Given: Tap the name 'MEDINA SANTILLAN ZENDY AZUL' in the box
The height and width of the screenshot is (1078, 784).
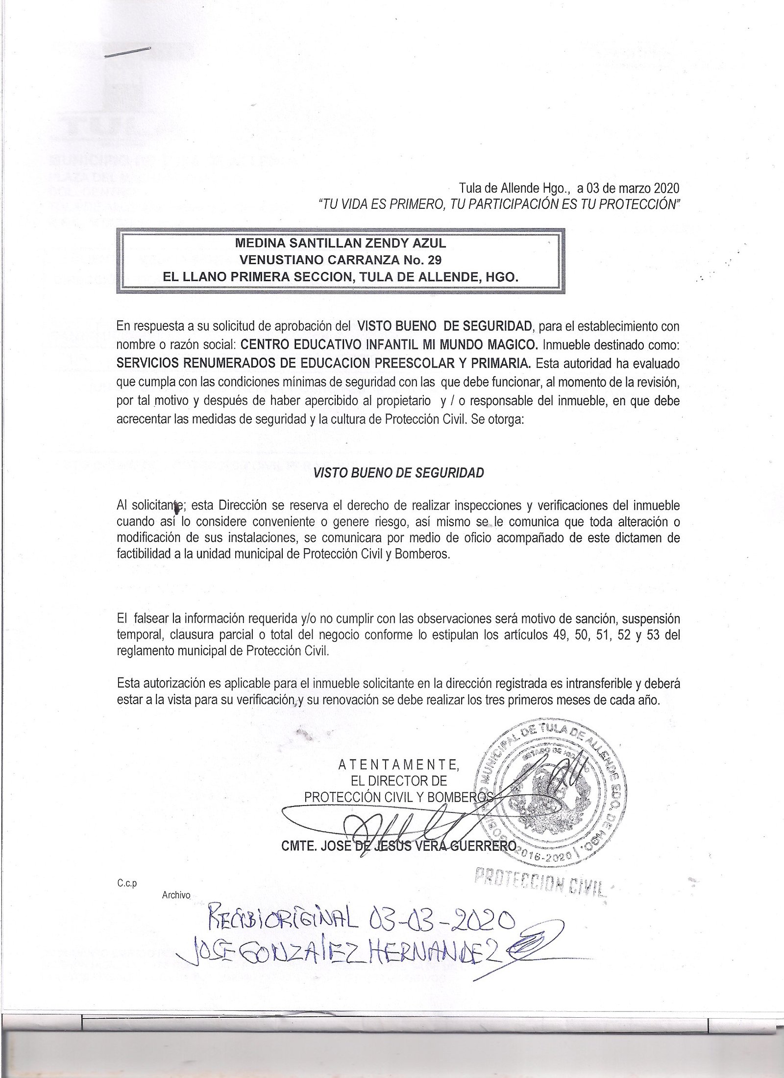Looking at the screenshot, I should pyautogui.click(x=341, y=242).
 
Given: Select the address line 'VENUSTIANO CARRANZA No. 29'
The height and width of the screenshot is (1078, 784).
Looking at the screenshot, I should pyautogui.click(x=341, y=259).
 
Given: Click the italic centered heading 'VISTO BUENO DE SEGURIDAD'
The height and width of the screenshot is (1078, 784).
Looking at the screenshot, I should pyautogui.click(x=398, y=473).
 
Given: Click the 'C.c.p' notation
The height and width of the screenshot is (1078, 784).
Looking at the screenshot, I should pyautogui.click(x=126, y=883).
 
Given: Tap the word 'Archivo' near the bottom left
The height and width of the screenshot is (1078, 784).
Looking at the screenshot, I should pyautogui.click(x=176, y=895).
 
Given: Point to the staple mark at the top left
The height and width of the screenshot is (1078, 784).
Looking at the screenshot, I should pyautogui.click(x=128, y=51).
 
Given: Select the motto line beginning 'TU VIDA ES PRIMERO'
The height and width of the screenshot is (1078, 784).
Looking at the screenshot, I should pyautogui.click(x=500, y=205).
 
